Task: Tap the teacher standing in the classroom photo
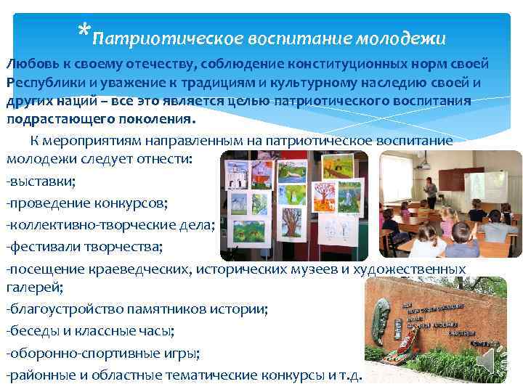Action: (x=431, y=191)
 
